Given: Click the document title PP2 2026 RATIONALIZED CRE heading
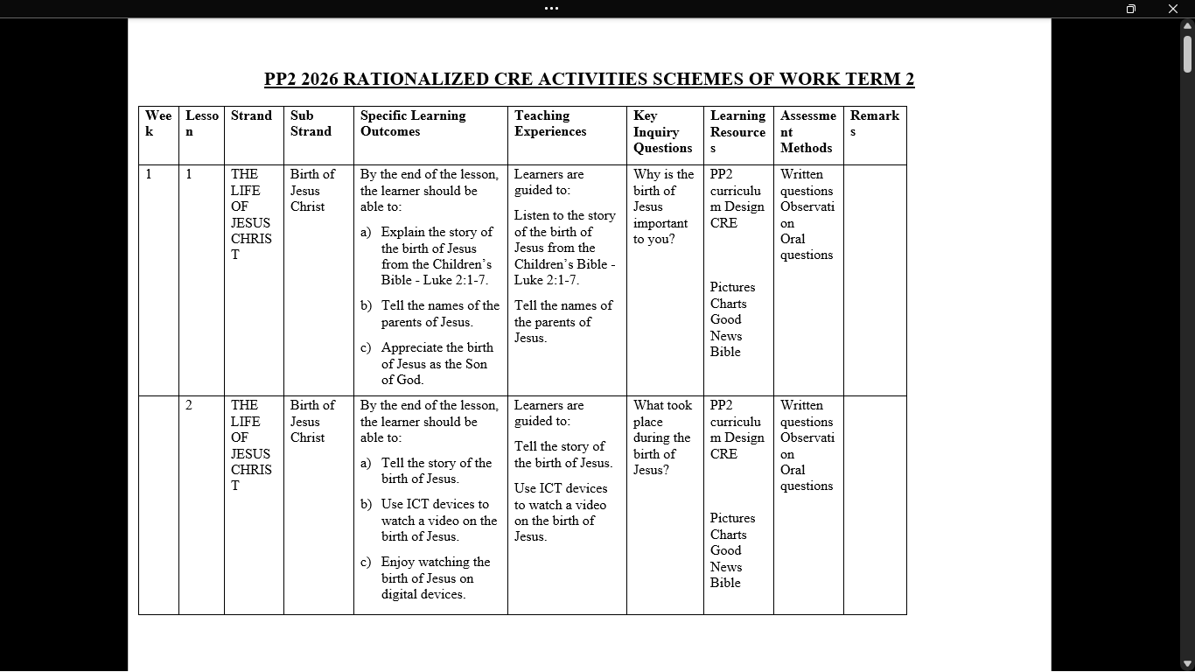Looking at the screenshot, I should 589,79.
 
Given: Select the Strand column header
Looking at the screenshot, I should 251,115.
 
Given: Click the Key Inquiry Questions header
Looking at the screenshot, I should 662,131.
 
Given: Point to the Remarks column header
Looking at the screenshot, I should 874,123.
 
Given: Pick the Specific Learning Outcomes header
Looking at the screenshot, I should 413,123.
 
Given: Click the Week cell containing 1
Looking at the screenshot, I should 149,174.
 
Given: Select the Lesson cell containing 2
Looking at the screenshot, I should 189,405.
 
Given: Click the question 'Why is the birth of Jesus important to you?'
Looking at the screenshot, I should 663,206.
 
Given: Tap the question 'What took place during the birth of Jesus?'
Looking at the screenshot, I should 662,437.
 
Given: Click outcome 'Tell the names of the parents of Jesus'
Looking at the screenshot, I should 439,313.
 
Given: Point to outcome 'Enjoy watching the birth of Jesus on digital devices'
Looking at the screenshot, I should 435,577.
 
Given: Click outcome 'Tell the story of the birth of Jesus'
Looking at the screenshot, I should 436,471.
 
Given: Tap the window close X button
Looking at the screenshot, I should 1173,9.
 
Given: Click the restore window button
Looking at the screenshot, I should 1130,9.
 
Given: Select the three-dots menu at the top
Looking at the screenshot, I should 551,9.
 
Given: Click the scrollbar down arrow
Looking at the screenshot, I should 1187,664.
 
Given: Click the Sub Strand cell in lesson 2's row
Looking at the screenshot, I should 311,421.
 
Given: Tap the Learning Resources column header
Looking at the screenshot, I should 737,131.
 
